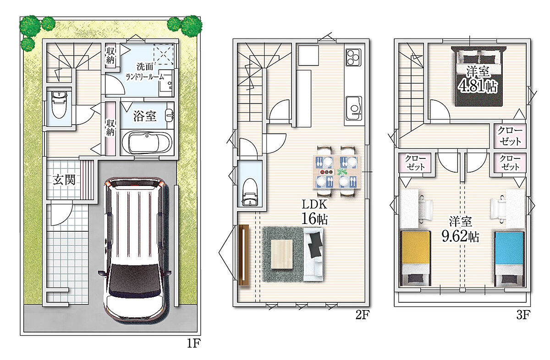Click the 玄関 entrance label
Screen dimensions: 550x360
(x=64, y=180)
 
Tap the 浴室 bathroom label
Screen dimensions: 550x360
(x=145, y=116)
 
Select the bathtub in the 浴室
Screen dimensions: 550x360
(x=147, y=142)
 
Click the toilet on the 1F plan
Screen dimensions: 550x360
(x=59, y=104)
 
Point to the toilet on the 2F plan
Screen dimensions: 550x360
(x=250, y=192)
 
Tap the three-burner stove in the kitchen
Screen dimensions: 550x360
(x=353, y=57)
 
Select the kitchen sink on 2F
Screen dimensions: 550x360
(x=353, y=108)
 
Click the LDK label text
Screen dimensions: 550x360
(x=314, y=204)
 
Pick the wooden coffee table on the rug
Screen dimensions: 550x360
(x=282, y=254)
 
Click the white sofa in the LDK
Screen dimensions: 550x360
(x=313, y=254)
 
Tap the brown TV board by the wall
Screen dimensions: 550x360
(x=244, y=255)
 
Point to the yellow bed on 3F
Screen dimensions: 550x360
(x=415, y=258)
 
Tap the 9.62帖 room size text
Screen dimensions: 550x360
(x=460, y=236)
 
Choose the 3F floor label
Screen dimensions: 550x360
(x=523, y=315)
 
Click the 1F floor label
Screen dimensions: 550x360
(x=194, y=343)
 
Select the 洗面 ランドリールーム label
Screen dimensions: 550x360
(x=145, y=71)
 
